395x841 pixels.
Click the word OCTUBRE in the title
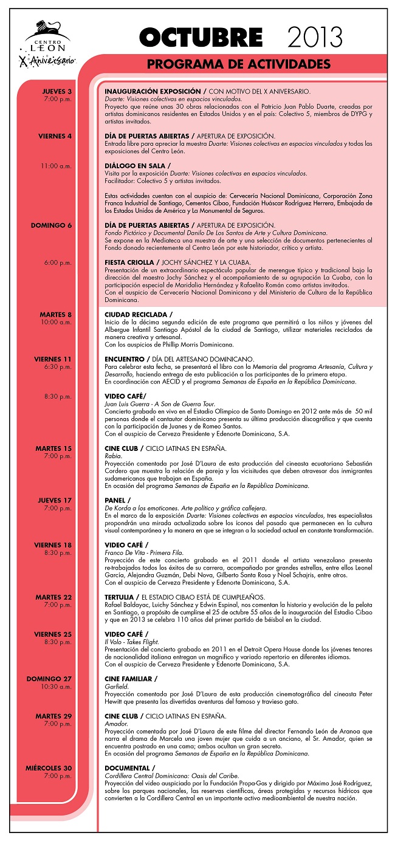pos(201,38)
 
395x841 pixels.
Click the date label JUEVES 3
pos(57,91)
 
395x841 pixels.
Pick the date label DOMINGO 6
pos(51,225)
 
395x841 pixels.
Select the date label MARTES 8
pos(56,314)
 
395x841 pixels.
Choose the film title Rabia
pos(112,456)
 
